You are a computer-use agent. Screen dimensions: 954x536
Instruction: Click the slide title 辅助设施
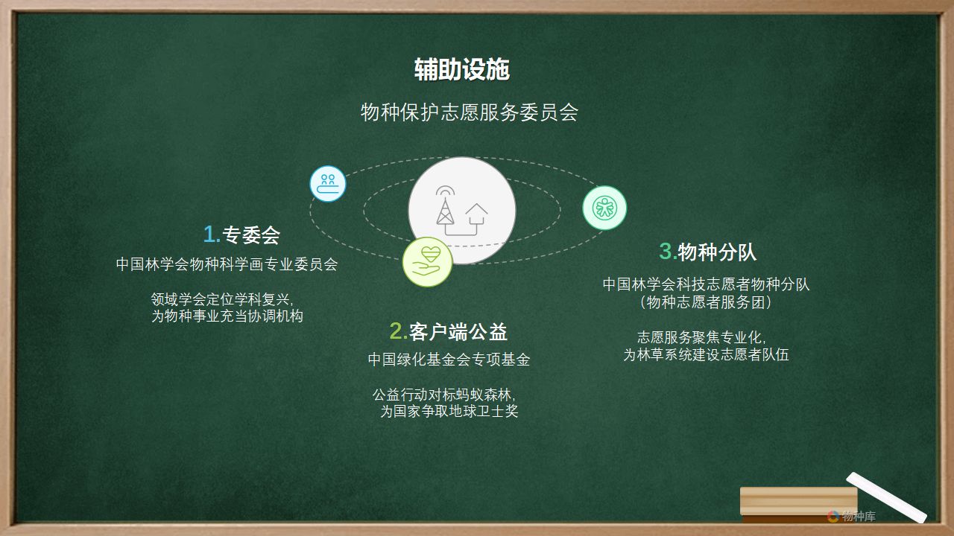click(462, 69)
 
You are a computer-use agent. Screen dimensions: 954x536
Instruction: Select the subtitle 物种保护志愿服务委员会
click(470, 112)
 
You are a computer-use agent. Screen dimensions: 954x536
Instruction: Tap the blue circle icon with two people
click(327, 184)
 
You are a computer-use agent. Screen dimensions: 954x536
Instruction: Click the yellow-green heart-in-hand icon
click(427, 261)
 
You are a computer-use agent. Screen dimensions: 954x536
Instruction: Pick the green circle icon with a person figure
click(604, 208)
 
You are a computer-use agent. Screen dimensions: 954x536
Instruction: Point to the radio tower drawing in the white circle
click(445, 205)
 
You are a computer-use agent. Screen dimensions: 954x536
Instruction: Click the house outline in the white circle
click(476, 214)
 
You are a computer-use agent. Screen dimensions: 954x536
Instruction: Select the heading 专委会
click(251, 234)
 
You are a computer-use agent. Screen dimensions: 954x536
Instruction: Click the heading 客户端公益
click(458, 332)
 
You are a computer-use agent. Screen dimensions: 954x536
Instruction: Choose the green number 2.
click(399, 331)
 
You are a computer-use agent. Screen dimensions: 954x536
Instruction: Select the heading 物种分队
click(717, 252)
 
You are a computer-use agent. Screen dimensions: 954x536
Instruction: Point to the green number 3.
click(668, 252)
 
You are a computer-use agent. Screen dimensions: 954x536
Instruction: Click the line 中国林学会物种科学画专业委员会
click(227, 264)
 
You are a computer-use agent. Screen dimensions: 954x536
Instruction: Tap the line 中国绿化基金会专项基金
click(449, 360)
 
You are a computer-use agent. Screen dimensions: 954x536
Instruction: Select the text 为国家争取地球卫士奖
click(449, 411)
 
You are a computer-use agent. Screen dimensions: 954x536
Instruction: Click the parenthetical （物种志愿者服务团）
click(706, 302)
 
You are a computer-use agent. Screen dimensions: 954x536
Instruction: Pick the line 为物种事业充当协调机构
click(227, 316)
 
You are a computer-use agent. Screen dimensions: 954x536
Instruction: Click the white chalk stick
click(887, 497)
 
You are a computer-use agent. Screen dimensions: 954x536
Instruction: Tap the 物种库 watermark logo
click(852, 516)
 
